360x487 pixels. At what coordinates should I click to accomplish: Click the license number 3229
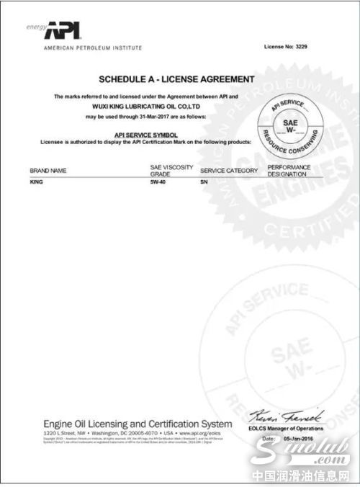[286, 47]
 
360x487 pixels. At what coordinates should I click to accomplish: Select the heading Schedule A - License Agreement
[176, 78]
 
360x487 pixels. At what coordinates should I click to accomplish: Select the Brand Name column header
[48, 171]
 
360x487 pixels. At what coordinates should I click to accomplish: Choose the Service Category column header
[228, 171]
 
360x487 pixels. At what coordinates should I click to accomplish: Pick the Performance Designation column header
[289, 170]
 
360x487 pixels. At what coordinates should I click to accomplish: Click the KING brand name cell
[36, 183]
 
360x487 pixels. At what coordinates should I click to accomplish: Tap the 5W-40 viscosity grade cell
[148, 183]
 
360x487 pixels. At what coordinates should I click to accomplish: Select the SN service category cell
[204, 183]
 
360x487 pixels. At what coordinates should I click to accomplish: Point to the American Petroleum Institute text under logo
[93, 48]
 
